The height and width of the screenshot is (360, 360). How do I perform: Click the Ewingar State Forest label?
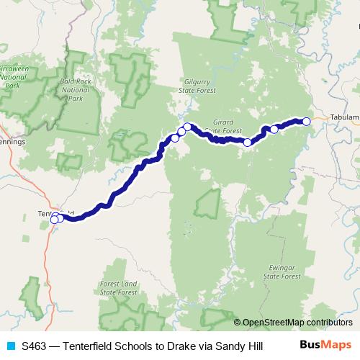pos(281,271)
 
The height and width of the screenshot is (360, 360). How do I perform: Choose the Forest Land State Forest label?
pos(119,289)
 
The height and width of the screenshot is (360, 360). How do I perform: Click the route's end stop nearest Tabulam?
pos(306,121)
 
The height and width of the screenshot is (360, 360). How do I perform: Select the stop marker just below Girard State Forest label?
pos(248,143)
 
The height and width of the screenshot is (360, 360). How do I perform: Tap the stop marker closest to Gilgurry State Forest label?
pos(187,127)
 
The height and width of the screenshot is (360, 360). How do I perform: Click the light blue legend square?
pos(11,346)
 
